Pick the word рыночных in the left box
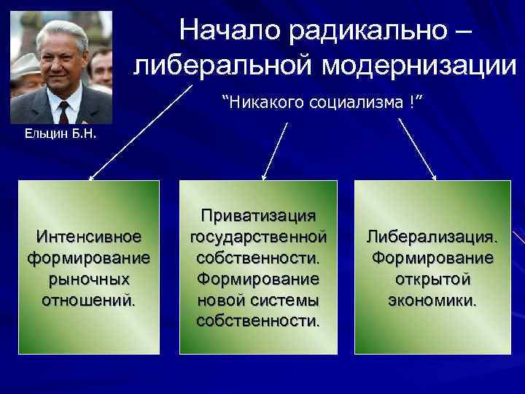(x=88, y=279)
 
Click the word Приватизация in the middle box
(x=258, y=216)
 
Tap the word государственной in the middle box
(x=258, y=237)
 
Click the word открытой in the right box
(x=432, y=279)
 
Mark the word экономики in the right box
(x=432, y=300)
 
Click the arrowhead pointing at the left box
(x=91, y=177)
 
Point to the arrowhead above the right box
(x=434, y=177)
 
